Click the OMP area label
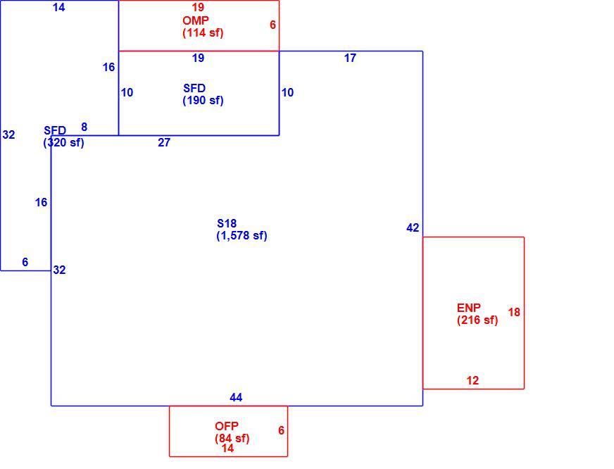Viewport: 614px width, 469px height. pos(196,20)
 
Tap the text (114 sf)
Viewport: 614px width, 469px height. pos(203,32)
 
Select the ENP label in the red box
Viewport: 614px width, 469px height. pos(469,308)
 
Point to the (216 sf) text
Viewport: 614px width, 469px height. pos(477,320)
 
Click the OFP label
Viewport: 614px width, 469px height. pos(226,426)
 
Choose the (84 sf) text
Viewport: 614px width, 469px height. pos(232,438)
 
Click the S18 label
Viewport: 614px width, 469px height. pos(227,223)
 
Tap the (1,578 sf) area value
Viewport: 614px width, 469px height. pos(242,235)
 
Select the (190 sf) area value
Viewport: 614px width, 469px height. pos(203,100)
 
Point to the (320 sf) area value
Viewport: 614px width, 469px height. pos(63,142)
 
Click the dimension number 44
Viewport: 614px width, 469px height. pos(236,397)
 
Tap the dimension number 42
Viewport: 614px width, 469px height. pos(413,227)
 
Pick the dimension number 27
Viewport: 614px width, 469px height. pos(164,142)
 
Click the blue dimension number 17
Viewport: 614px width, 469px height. pos(350,58)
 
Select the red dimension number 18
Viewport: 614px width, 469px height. pos(514,312)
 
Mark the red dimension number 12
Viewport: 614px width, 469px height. pos(472,380)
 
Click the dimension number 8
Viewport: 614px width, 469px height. pos(84,127)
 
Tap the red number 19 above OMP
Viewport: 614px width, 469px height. pos(198,7)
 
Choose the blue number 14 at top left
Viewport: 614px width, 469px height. pos(58,7)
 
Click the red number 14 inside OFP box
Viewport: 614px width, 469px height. pos(227,448)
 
